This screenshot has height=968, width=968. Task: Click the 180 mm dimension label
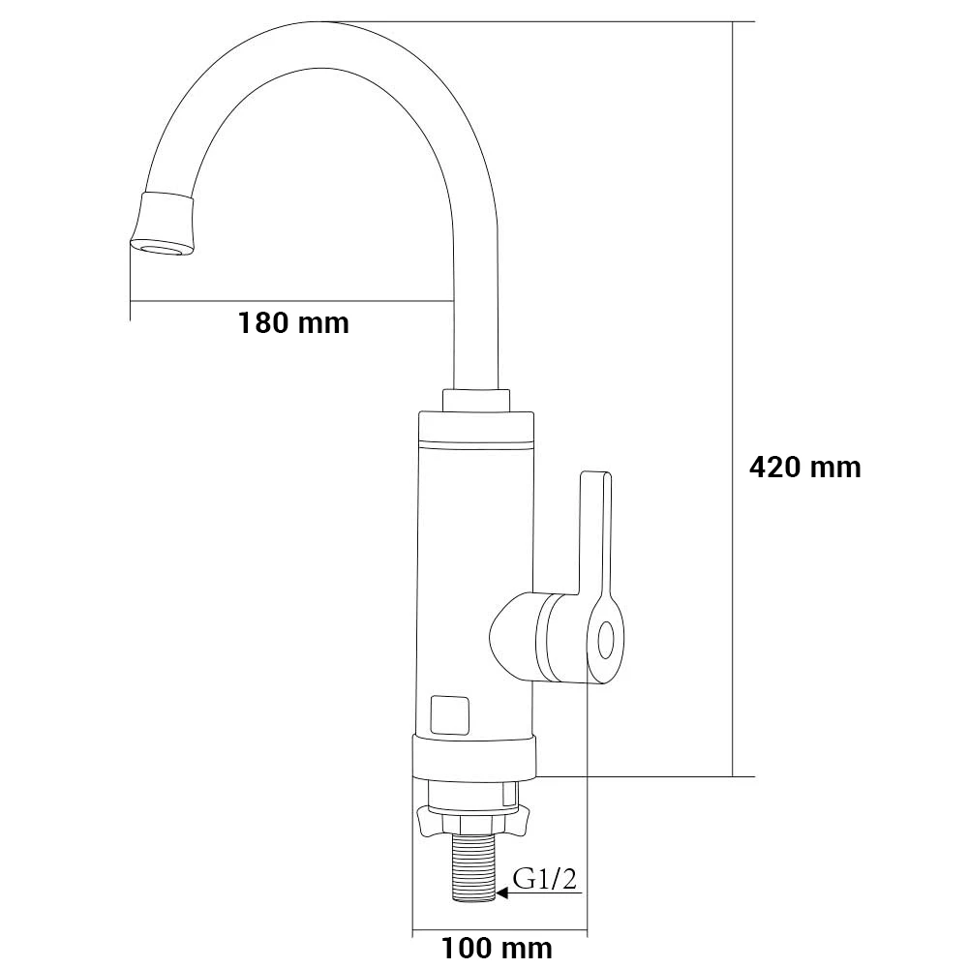point(293,323)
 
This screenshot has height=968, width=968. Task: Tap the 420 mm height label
point(805,468)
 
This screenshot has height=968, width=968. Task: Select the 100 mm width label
point(497,949)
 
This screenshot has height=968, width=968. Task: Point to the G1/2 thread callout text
point(546,880)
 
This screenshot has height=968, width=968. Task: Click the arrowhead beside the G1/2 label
point(502,892)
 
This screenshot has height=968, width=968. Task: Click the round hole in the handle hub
point(606,639)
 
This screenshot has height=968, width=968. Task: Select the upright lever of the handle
point(595,534)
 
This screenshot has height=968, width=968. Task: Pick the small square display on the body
point(449,715)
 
